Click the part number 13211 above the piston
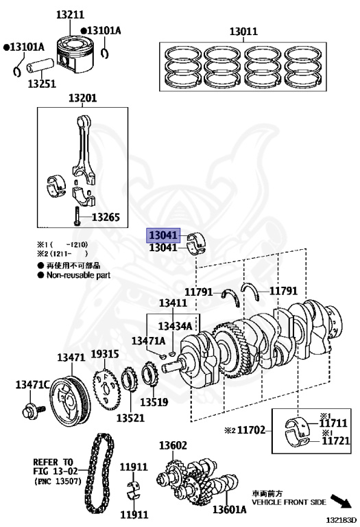[70, 14]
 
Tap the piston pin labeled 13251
[40, 66]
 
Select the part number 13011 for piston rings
[243, 32]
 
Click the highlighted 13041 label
[163, 235]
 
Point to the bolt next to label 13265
[77, 216]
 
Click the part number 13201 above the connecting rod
[82, 98]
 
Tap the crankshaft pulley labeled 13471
[70, 401]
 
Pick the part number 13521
[130, 418]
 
